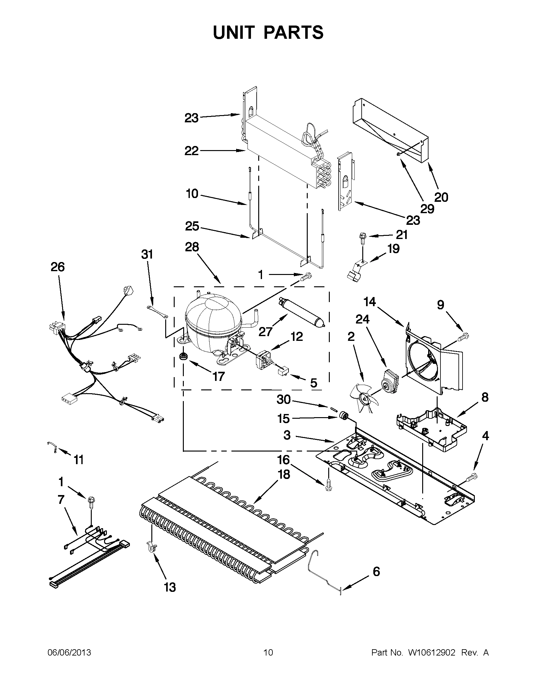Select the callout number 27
click(265, 331)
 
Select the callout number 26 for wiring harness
click(57, 267)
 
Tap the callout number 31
click(147, 254)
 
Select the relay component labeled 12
click(263, 359)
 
